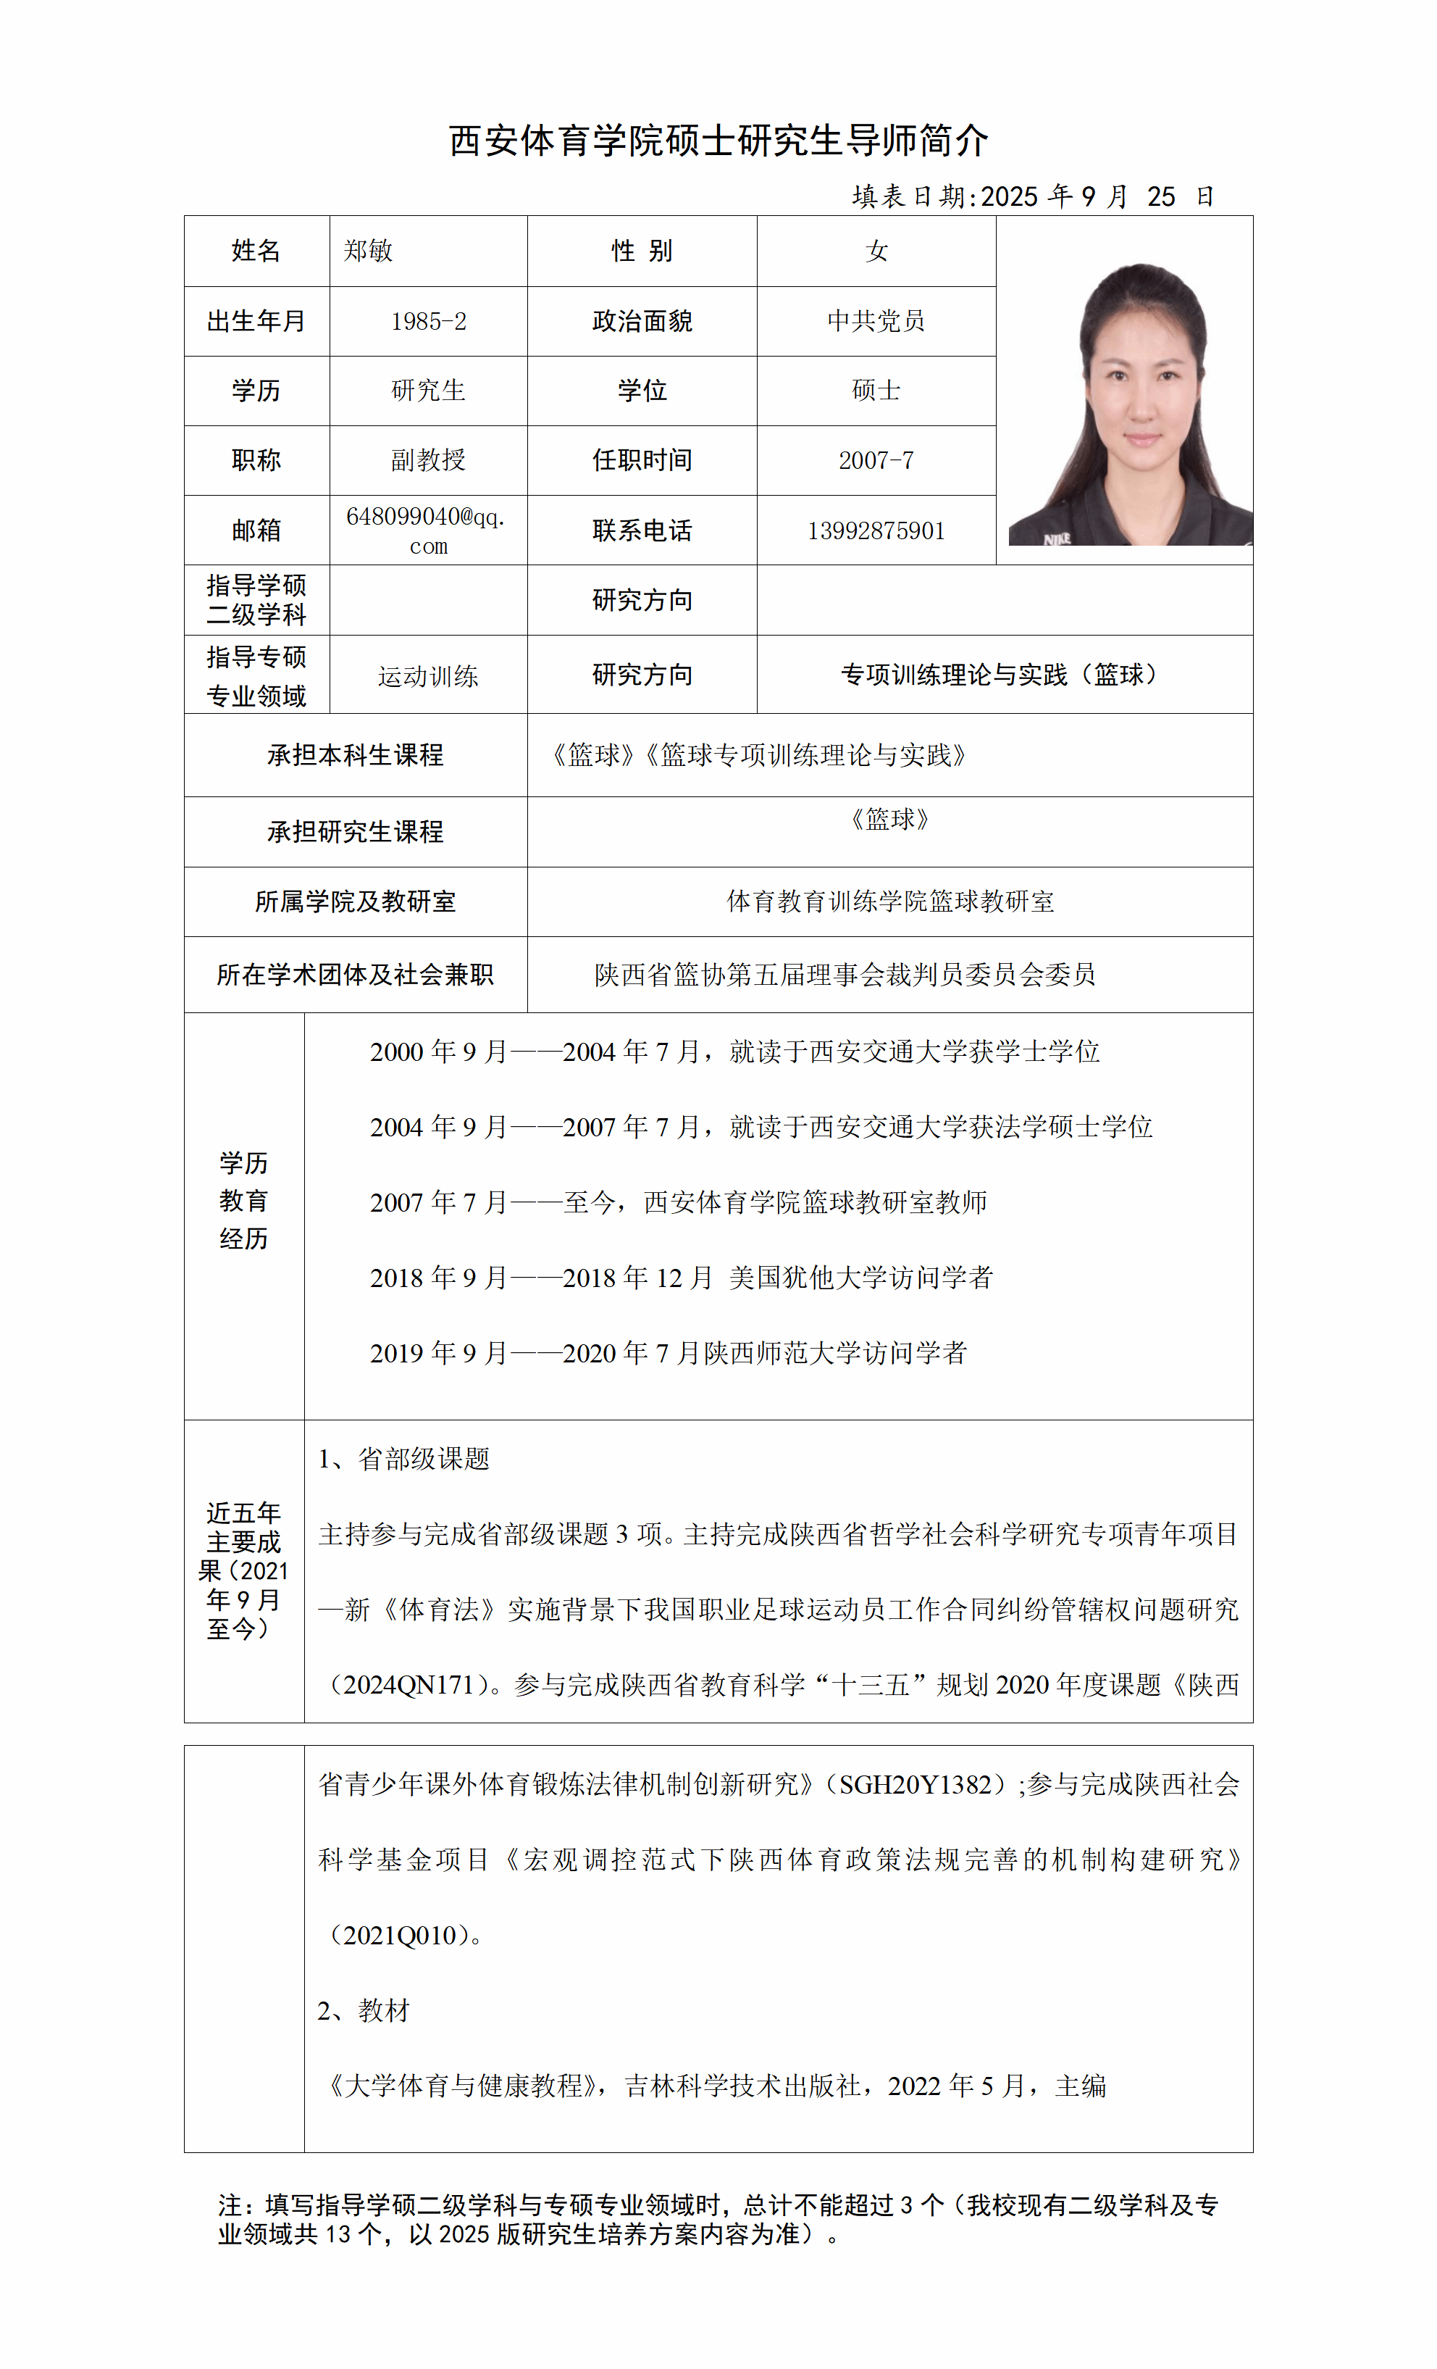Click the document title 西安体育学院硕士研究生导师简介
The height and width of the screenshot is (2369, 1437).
pyautogui.click(x=718, y=141)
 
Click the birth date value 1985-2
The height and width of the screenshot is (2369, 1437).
pyautogui.click(x=428, y=321)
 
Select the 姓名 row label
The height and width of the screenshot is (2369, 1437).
pyautogui.click(x=256, y=251)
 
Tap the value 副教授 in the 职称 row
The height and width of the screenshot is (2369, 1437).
pyautogui.click(x=428, y=459)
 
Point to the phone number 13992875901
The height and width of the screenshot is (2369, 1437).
pyautogui.click(x=876, y=530)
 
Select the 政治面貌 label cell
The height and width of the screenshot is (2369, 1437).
pyautogui.click(x=641, y=321)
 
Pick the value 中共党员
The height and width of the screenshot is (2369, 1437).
pyautogui.click(x=876, y=321)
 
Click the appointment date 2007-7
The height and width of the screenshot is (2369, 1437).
pyautogui.click(x=876, y=460)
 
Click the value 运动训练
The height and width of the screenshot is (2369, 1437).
pyautogui.click(x=428, y=677)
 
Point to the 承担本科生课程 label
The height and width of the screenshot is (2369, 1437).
pyautogui.click(x=355, y=754)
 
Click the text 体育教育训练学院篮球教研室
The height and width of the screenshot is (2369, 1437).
pyautogui.click(x=890, y=902)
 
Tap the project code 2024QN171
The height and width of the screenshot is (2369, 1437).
pyautogui.click(x=409, y=1684)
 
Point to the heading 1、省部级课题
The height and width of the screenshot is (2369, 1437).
pyautogui.click(x=403, y=1460)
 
